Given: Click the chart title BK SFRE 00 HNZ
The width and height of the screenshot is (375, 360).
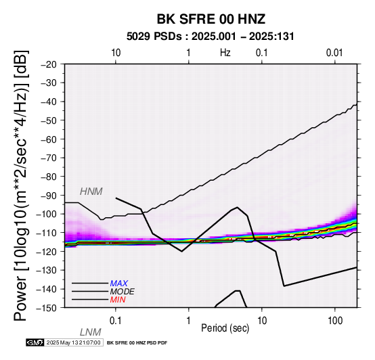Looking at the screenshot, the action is click(x=211, y=19).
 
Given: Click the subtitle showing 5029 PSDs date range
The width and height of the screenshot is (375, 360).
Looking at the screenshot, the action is click(x=211, y=37).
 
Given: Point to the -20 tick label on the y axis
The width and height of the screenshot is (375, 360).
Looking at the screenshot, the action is click(x=49, y=64).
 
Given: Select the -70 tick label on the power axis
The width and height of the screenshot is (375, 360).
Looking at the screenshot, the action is click(x=49, y=158).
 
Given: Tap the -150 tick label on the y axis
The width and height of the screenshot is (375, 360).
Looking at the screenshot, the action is click(x=47, y=308).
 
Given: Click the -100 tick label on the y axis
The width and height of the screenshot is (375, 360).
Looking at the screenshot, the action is click(x=47, y=214).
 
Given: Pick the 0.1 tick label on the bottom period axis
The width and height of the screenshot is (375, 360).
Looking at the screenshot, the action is click(x=115, y=321).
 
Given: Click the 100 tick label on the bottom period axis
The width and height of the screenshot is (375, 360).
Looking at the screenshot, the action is click(x=335, y=321).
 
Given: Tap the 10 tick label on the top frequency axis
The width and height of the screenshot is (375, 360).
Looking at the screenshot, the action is click(x=116, y=53).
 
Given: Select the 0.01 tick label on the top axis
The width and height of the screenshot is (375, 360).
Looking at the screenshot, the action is click(x=334, y=53).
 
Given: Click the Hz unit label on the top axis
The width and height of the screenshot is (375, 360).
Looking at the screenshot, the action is click(x=225, y=53).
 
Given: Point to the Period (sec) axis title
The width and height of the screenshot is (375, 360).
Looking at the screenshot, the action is click(x=225, y=328).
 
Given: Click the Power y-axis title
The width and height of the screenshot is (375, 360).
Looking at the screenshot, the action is click(x=21, y=185).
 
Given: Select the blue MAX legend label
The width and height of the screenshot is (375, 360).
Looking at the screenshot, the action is click(x=119, y=284).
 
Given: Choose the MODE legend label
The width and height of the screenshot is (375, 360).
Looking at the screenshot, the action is click(x=123, y=292).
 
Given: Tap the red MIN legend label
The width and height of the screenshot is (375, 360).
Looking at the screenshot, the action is click(x=118, y=300).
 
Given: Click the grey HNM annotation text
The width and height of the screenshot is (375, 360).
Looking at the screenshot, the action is click(x=91, y=192).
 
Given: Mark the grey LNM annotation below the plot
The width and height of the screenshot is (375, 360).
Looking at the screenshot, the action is click(x=91, y=332).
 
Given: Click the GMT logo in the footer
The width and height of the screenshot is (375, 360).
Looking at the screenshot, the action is click(x=35, y=342).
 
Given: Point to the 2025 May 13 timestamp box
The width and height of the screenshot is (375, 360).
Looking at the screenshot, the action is click(x=74, y=342).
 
